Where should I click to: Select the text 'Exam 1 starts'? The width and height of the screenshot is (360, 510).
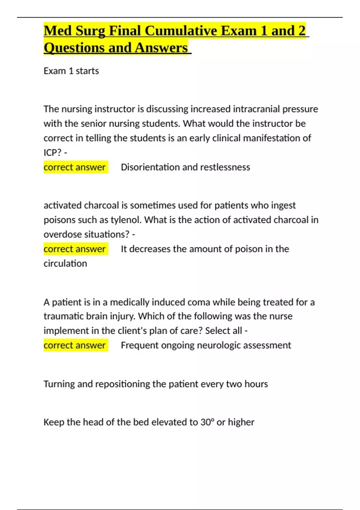pos(71,71)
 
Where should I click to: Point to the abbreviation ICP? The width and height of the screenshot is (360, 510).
pos(52,153)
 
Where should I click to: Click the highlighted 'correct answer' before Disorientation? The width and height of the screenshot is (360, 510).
pos(75,167)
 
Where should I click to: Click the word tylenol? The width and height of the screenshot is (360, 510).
pos(126,220)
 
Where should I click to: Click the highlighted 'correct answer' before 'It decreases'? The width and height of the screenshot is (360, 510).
pos(75,249)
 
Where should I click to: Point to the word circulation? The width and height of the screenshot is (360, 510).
pos(65,263)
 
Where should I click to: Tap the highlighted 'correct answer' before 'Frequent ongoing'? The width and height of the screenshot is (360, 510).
pos(75,345)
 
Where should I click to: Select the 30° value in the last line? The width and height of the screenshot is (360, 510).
pos(207,422)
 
